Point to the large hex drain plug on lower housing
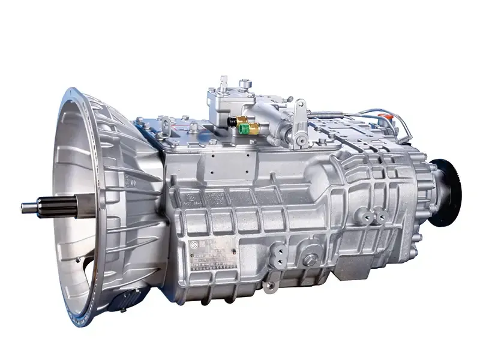coord(311,260)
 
